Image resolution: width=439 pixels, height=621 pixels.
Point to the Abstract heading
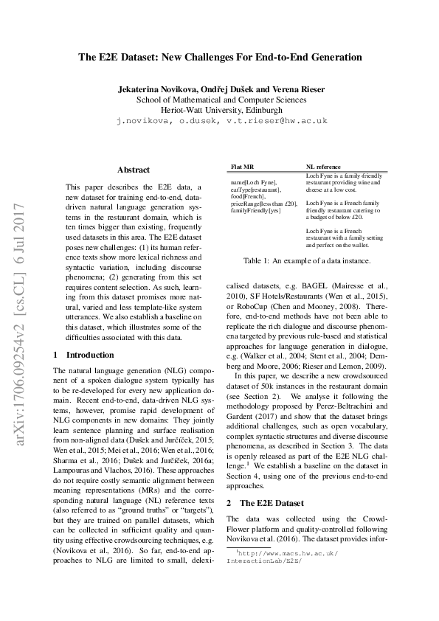pyautogui.click(x=134, y=170)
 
